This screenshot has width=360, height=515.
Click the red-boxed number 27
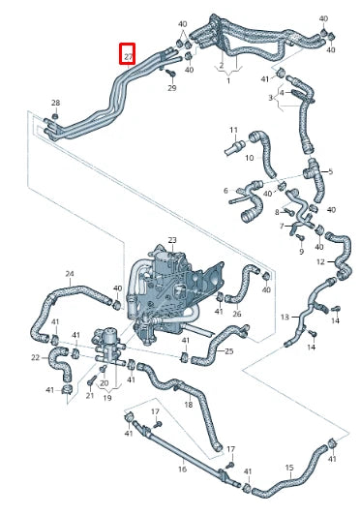coord(129,57)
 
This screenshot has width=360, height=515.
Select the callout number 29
coord(172,88)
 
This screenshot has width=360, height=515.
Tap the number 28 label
coord(55,103)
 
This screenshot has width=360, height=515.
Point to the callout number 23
coord(172,240)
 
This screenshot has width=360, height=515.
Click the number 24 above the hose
coord(70,274)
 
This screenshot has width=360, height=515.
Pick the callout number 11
coord(233,130)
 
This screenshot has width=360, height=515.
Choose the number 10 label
coord(250,158)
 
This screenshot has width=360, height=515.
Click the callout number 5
coord(330,171)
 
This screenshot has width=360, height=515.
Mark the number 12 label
coord(320,261)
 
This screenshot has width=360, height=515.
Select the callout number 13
coord(285,317)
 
